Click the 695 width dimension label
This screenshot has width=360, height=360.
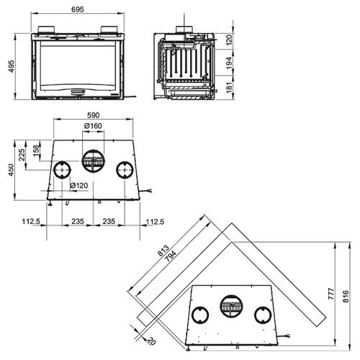click(x=78, y=9)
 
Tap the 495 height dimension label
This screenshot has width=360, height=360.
click(x=12, y=66)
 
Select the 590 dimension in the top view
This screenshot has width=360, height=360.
click(x=93, y=115)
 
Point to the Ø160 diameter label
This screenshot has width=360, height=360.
click(x=93, y=126)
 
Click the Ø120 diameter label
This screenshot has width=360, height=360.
click(x=79, y=186)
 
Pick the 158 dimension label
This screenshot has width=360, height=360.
click(x=36, y=150)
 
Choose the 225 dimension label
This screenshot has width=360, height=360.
click(x=22, y=155)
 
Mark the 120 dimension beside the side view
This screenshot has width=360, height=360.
click(x=229, y=40)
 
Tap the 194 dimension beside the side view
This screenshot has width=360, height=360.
click(x=229, y=63)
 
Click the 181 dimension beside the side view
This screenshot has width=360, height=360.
click(x=229, y=87)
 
